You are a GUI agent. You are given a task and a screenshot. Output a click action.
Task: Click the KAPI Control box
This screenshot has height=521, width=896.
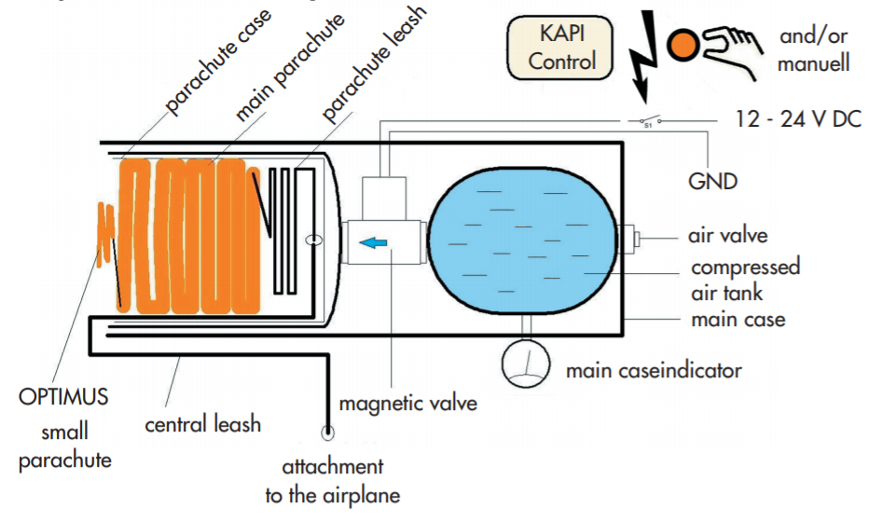tap(561, 48)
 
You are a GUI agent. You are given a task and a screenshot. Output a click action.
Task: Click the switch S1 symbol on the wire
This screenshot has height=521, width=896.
tap(646, 121)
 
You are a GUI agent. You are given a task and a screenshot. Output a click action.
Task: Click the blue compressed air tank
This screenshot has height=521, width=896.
tap(522, 240)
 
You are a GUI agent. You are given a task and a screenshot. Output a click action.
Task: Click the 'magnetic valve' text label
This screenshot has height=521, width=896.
tap(408, 404)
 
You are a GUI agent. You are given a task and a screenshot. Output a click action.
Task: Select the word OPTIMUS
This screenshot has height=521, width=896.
tap(63, 396)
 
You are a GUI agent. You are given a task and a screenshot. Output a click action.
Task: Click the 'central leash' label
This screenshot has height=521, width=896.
tap(202, 424)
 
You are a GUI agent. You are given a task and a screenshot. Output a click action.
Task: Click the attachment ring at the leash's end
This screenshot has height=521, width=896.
tap(327, 432)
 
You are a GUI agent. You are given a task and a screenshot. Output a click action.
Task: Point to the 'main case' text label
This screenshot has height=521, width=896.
tap(737, 320)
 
